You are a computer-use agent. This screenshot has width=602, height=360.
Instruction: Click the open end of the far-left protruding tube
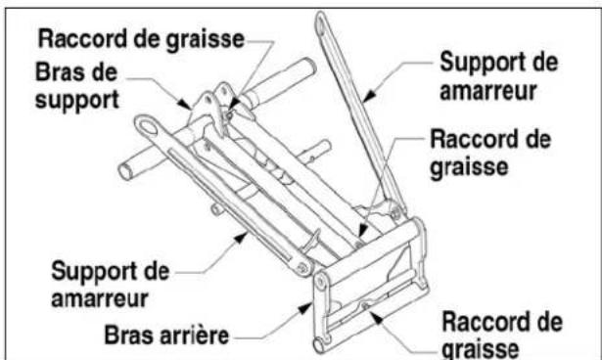pyautogui.click(x=125, y=170)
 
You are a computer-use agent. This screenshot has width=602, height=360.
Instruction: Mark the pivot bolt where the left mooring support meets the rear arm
pyautogui.click(x=305, y=266)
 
